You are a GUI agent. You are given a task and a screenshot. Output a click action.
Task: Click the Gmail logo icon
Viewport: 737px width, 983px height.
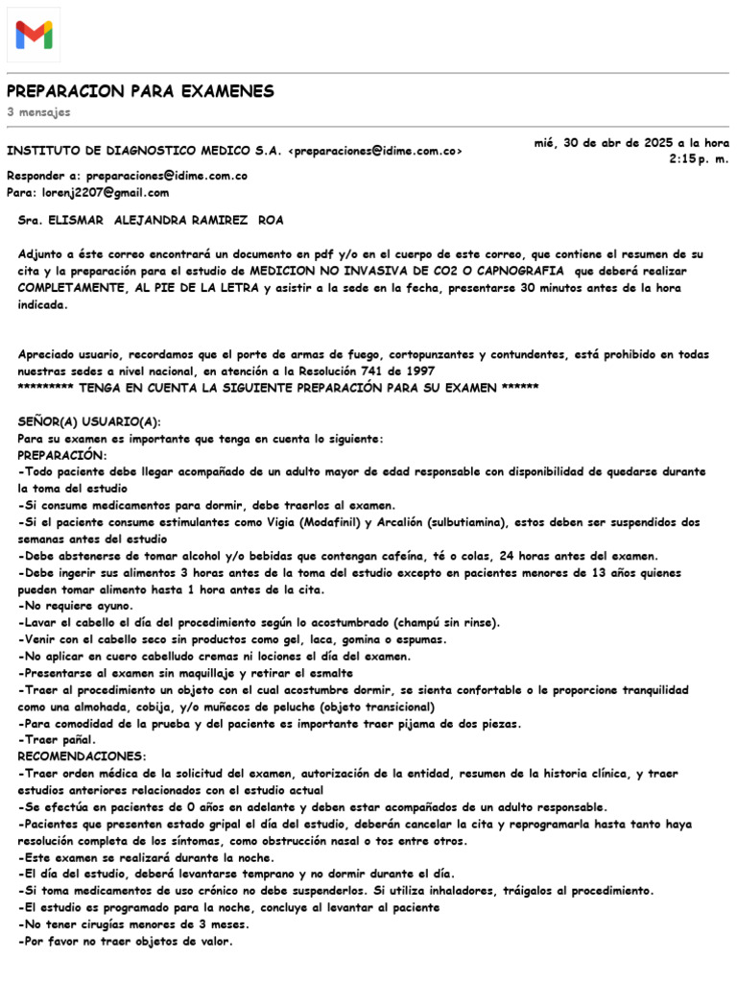(34, 35)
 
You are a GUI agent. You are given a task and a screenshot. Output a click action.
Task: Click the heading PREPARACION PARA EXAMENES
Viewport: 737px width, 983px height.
(140, 91)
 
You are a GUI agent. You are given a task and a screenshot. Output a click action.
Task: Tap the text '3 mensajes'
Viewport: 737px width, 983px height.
(38, 112)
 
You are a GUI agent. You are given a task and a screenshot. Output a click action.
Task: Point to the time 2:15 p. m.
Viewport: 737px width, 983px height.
(699, 158)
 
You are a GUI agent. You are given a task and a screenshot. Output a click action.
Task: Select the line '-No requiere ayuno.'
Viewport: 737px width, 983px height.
(76, 607)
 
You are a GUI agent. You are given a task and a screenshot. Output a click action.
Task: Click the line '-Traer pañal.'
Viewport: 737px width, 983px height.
(57, 740)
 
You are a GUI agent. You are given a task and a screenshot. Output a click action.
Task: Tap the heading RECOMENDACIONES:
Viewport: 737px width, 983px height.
(83, 756)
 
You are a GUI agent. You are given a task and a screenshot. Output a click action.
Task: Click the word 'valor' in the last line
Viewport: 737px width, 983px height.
(212, 941)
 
